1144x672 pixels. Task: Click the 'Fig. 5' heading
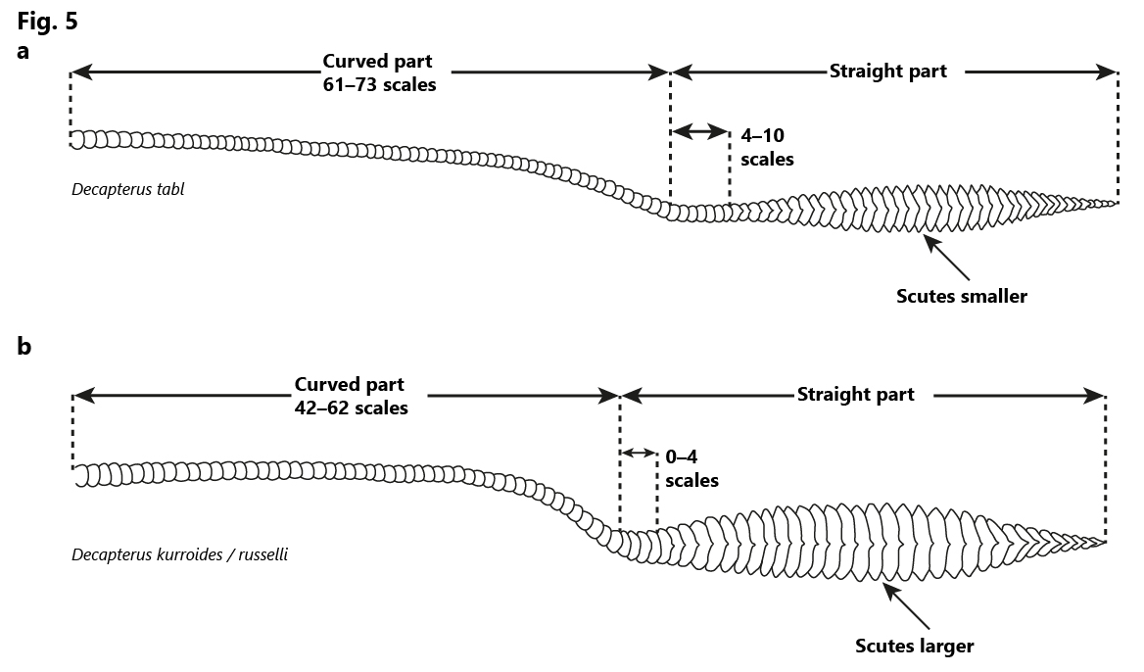click(x=47, y=22)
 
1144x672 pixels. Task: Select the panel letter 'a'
click(x=24, y=51)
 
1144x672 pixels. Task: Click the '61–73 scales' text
click(x=379, y=84)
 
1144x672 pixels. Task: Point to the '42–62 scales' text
click(x=351, y=408)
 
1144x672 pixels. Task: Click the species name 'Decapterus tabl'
click(x=127, y=189)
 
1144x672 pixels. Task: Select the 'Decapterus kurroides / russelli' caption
click(x=179, y=554)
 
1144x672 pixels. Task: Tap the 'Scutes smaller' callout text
click(x=962, y=296)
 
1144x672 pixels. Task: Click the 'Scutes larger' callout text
click(x=914, y=646)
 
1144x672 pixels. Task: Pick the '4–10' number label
click(x=762, y=135)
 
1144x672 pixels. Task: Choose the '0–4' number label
click(x=682, y=456)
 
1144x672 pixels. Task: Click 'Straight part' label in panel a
click(x=888, y=71)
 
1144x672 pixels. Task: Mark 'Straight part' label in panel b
click(x=855, y=394)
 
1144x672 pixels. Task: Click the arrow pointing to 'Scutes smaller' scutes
click(x=948, y=259)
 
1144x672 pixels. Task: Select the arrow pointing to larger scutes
click(x=907, y=606)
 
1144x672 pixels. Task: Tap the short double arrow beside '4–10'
click(x=699, y=132)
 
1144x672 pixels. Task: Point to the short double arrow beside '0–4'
click(x=639, y=454)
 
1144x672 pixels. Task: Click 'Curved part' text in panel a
click(x=377, y=62)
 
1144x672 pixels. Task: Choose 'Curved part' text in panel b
click(x=349, y=385)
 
